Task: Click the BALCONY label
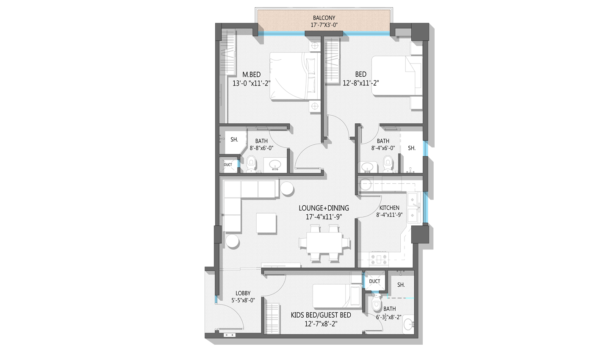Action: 324,18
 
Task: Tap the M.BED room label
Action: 252,75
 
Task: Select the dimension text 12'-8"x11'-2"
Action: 361,83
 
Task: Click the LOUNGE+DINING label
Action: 324,208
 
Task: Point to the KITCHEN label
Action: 389,208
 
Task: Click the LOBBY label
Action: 243,293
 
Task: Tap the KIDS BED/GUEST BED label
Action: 321,315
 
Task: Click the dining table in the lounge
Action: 324,242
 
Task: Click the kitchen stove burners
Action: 379,259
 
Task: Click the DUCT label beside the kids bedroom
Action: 374,281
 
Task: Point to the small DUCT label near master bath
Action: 228,165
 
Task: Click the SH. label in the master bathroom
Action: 234,139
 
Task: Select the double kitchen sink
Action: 413,208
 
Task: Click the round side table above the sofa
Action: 287,188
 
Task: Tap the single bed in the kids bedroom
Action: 337,296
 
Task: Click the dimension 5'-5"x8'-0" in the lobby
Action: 243,300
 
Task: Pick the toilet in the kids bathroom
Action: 376,303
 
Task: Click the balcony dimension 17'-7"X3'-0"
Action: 324,25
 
